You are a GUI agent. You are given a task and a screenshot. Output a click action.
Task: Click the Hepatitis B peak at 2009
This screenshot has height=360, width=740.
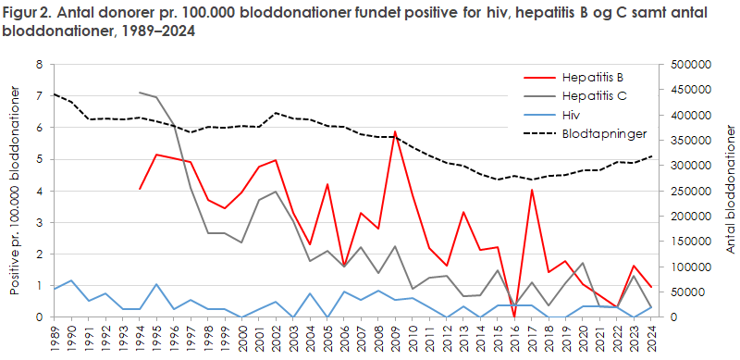coord(395,131)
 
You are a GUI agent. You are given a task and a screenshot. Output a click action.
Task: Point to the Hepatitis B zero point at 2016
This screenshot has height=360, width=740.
coord(514,317)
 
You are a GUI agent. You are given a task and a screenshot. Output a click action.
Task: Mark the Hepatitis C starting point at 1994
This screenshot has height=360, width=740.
coord(140,93)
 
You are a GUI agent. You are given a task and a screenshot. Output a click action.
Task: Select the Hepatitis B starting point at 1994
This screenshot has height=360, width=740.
coord(140,189)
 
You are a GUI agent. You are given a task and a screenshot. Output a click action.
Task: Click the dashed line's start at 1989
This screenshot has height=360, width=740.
coord(54,93)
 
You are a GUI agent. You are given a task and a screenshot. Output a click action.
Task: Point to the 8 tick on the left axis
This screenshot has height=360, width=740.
coord(39,65)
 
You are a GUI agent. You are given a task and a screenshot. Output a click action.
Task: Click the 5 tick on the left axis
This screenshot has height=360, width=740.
coord(39,159)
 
